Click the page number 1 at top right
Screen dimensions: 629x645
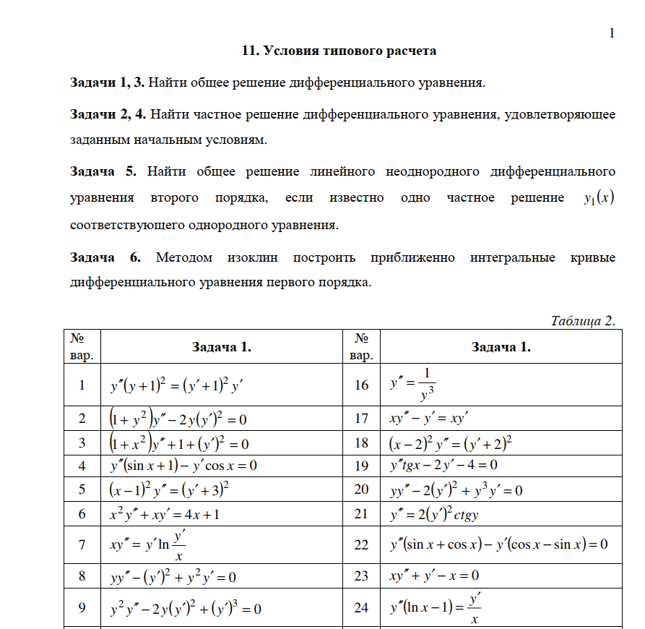pyautogui.click(x=612, y=33)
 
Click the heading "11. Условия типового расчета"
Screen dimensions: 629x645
pyautogui.click(x=339, y=51)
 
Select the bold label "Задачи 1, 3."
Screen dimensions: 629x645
pyautogui.click(x=107, y=82)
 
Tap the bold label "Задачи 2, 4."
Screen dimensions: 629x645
pyautogui.click(x=108, y=114)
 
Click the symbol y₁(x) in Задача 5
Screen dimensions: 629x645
pyautogui.click(x=598, y=198)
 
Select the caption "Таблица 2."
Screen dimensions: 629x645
pyautogui.click(x=583, y=321)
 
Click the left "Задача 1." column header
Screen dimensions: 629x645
pyautogui.click(x=221, y=347)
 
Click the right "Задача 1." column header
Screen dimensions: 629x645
pyautogui.click(x=501, y=347)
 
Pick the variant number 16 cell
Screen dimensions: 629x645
pyautogui.click(x=362, y=385)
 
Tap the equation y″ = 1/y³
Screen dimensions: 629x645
pyautogui.click(x=413, y=384)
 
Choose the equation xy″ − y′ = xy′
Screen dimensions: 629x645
pyautogui.click(x=429, y=419)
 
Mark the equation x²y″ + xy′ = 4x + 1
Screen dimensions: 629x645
pyautogui.click(x=172, y=515)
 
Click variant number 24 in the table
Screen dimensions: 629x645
pyautogui.click(x=362, y=608)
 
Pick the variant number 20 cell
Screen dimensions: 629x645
pyautogui.click(x=362, y=490)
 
